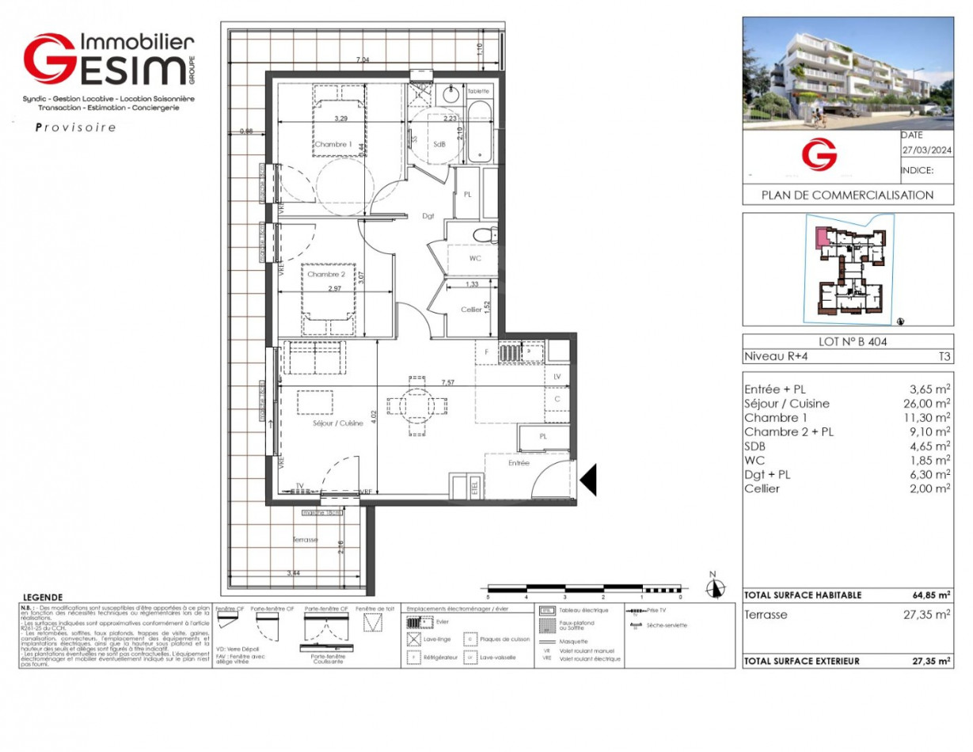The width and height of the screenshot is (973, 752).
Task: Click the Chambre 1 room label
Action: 333,145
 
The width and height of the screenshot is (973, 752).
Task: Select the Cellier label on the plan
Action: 471,310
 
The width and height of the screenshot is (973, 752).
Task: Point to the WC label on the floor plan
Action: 476,259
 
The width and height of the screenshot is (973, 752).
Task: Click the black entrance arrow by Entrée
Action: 588,480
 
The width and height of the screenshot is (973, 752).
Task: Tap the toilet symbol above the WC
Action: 484,235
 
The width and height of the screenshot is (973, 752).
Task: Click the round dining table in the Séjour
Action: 414,405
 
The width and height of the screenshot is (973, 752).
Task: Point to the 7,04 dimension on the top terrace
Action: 363,60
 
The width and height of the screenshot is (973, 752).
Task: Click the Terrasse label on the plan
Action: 306,539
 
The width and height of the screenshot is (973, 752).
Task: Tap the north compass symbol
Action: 716,588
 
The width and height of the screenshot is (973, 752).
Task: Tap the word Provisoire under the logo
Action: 76,127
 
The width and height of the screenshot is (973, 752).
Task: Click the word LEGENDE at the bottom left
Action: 43,598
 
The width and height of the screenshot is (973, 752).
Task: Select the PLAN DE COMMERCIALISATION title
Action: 847,195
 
